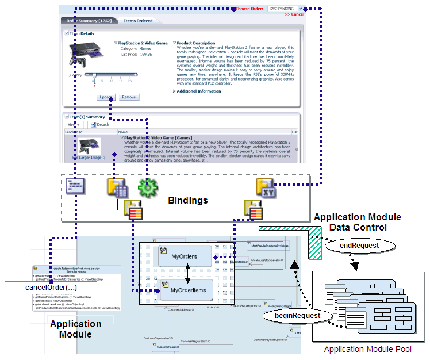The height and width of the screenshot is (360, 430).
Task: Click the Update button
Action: [x=106, y=97]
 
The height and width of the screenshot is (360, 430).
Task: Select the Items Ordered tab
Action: [x=138, y=21]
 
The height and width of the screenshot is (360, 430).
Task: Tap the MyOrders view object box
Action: [x=184, y=256]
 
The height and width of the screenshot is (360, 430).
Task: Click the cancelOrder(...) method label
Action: [x=45, y=287]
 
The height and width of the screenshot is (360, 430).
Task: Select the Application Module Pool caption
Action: [x=367, y=349]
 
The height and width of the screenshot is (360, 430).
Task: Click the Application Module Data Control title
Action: [x=357, y=223]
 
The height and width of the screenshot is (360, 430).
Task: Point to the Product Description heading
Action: [x=195, y=43]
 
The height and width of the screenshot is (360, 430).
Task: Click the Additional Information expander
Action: [x=198, y=91]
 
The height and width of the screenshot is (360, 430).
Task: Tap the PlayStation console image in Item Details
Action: [x=86, y=53]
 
